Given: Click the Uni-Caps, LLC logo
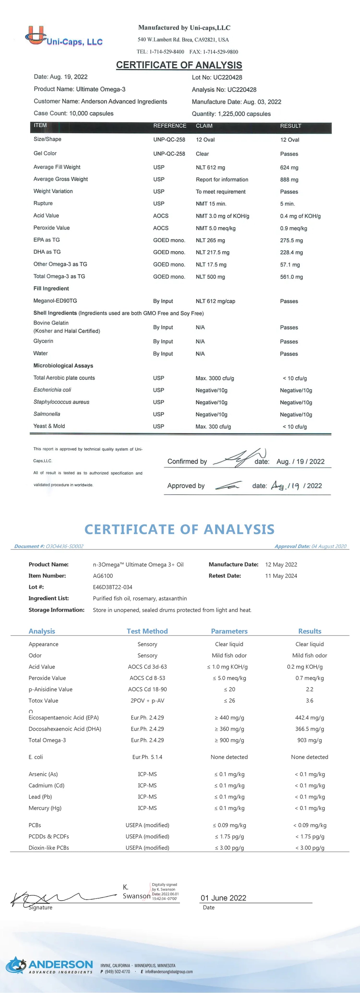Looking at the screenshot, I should pos(64,37).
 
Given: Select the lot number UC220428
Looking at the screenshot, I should pos(228,77).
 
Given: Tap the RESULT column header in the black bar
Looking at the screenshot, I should pos(291,126).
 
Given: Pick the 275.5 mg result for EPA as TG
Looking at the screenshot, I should pos(291,241).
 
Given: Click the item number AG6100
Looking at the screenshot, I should pos(103,576).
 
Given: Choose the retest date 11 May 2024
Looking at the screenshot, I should pos(281,576).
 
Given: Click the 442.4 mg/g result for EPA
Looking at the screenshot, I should pos(310,718).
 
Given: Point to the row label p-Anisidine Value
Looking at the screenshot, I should pos(50,689).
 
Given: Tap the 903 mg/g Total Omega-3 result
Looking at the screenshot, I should pos(310,740).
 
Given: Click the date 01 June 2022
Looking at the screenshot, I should pos(223,898).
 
